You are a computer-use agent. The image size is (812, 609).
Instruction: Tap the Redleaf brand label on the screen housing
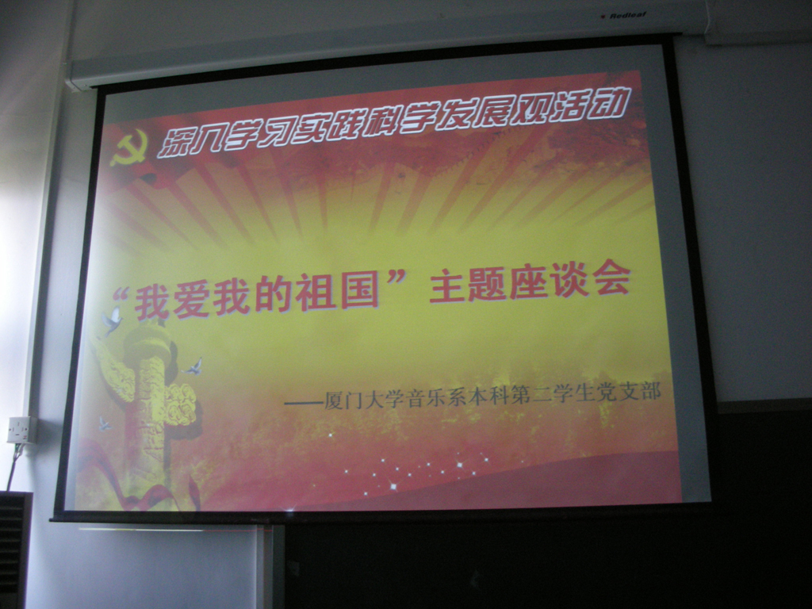click(x=623, y=16)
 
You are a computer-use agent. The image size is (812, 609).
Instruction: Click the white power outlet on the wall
click(x=21, y=430)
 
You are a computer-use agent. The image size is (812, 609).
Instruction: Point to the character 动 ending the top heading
click(x=613, y=102)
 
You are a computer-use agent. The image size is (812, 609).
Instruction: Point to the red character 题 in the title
click(x=487, y=285)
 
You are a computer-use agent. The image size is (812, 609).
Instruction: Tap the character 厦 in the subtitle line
click(x=334, y=402)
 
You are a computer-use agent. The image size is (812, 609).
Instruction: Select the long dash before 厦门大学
click(x=304, y=402)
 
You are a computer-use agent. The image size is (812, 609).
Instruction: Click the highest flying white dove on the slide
click(x=112, y=320)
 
